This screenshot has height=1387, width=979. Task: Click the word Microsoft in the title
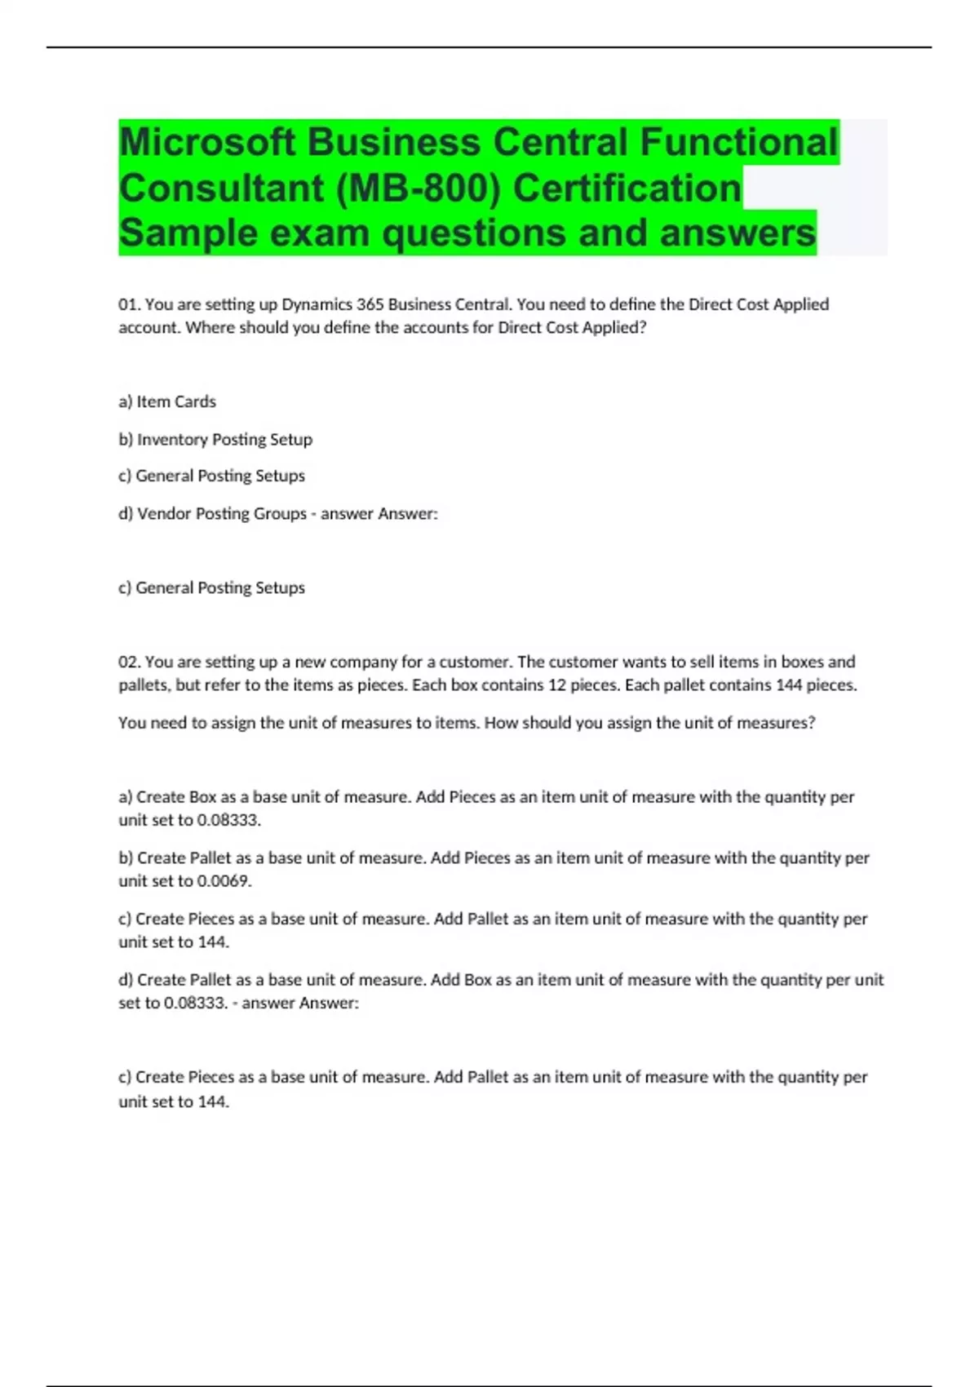207,143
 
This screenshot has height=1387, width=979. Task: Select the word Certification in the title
627,188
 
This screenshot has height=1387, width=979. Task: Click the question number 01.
129,304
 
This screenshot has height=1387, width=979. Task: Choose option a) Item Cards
167,401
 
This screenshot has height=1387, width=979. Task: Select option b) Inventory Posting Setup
215,439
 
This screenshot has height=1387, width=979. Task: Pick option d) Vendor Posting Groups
213,513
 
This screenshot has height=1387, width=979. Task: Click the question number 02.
129,662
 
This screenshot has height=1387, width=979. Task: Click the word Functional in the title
738,143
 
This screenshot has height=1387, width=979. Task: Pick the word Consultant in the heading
221,188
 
